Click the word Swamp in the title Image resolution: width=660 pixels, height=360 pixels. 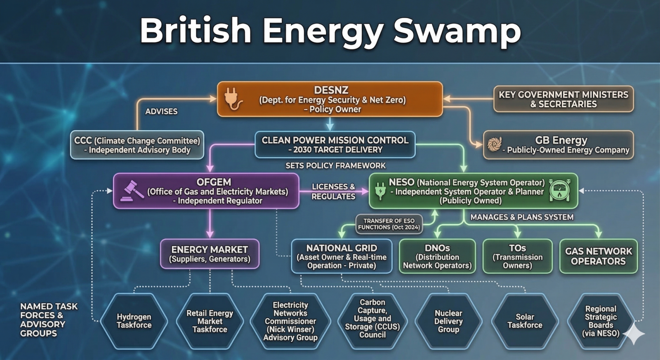coord(457,31)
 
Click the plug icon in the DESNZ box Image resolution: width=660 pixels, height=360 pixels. coord(233,99)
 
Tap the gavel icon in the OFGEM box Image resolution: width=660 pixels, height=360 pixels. coord(132,191)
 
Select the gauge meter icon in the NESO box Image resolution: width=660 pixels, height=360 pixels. coord(559,191)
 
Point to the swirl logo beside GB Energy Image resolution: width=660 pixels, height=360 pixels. coord(494,144)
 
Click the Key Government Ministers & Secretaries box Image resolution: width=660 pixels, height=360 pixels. coord(563,99)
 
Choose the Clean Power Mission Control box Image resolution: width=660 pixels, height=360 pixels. coord(335,145)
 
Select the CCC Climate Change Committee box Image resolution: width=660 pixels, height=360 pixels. coord(137,145)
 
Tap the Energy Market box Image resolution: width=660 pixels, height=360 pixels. coord(210,254)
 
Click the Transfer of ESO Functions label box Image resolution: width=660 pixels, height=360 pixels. coord(389,224)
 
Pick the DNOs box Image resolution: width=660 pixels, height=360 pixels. coord(437,256)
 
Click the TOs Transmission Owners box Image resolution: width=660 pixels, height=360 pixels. coord(517,256)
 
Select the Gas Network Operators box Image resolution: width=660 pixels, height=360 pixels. coord(599,256)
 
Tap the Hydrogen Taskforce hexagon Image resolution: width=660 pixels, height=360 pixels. coord(134,321)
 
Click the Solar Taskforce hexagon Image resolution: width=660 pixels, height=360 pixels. coord(525,321)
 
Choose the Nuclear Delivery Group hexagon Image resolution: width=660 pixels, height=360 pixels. coord(448,321)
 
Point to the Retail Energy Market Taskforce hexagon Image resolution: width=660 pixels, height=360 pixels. coord(210,321)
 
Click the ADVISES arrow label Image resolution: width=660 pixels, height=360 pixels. coord(161,111)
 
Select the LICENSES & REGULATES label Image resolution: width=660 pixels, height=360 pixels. coord(333,191)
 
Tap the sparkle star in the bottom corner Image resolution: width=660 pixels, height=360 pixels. coord(634,334)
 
